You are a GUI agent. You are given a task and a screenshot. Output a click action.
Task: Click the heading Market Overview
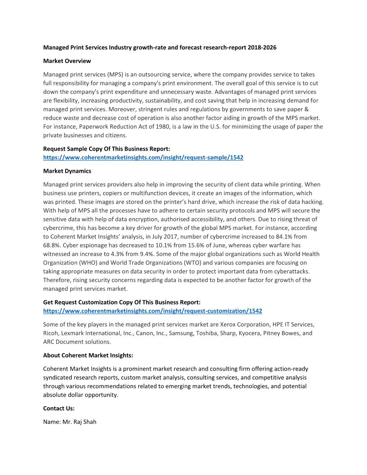(x=67, y=61)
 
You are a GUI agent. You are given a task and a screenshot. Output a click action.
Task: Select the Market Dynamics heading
(x=67, y=171)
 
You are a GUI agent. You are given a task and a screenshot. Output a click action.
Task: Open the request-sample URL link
(x=143, y=157)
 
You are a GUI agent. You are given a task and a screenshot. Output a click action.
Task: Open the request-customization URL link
(x=152, y=311)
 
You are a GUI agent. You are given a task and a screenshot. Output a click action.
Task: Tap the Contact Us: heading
(x=59, y=408)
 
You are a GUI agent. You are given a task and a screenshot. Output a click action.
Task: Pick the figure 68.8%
(x=53, y=246)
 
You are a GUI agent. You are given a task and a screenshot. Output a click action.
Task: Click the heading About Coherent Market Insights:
(x=88, y=355)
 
